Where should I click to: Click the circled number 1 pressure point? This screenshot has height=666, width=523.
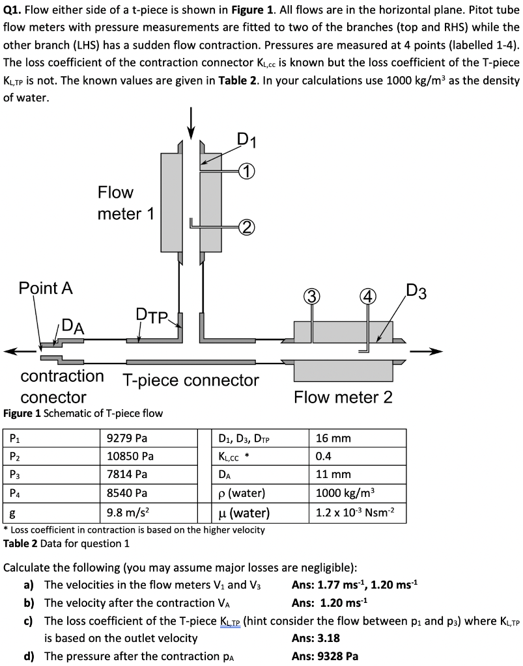(x=245, y=172)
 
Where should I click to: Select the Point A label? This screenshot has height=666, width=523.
(x=46, y=288)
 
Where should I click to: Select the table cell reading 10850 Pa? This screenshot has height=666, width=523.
(x=130, y=456)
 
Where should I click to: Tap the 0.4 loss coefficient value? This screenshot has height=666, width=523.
(x=324, y=456)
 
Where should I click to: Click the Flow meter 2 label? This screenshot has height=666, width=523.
(x=343, y=397)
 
